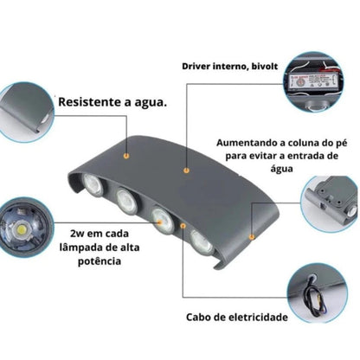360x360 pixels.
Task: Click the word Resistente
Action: (89, 101)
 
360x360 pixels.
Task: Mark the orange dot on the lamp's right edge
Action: (251, 235)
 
